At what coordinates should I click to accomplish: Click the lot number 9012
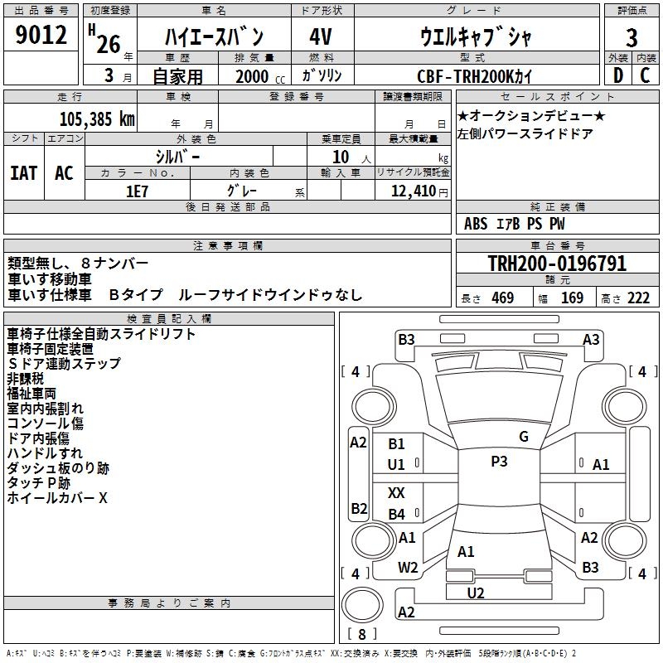tap(41, 34)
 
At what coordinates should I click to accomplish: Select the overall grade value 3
tap(632, 37)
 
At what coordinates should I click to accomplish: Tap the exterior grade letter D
tap(617, 75)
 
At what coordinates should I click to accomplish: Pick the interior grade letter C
tap(645, 75)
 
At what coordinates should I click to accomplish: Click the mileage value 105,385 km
tap(97, 119)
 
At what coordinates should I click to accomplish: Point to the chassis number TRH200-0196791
tap(557, 263)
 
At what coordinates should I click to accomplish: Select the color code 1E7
tap(137, 191)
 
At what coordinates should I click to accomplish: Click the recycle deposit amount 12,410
tap(413, 191)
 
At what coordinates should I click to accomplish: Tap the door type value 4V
tap(321, 36)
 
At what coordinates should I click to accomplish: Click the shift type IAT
tap(23, 173)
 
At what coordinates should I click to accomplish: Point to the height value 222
tap(638, 298)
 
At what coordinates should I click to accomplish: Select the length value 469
tap(503, 298)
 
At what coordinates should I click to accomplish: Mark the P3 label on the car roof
tap(499, 462)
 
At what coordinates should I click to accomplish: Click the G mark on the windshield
tap(524, 437)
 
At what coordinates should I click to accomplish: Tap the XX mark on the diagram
tap(396, 492)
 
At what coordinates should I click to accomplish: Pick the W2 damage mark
tap(408, 568)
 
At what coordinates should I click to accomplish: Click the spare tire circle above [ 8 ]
tap(362, 605)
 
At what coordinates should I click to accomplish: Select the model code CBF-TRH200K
tap(465, 76)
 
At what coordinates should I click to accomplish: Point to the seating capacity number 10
tap(341, 157)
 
